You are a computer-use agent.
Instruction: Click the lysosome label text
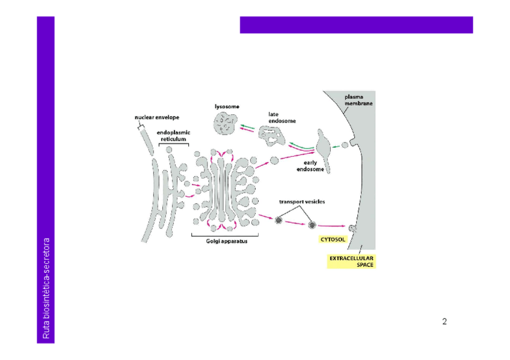click(227, 107)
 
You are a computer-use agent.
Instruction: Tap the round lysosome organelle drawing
click(226, 125)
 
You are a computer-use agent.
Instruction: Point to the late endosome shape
click(274, 137)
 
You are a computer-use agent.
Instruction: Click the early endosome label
click(311, 166)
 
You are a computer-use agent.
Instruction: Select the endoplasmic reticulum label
click(173, 135)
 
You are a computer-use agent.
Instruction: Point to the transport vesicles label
click(302, 201)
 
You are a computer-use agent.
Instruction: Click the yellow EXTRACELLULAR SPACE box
click(351, 261)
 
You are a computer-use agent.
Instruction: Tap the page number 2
click(444, 322)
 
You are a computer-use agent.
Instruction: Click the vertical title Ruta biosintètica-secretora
click(46, 288)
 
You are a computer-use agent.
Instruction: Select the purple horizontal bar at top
click(356, 25)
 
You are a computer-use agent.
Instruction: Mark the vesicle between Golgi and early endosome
click(274, 160)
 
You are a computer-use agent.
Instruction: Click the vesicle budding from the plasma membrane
click(345, 145)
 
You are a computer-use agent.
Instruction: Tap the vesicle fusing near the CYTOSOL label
click(352, 228)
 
